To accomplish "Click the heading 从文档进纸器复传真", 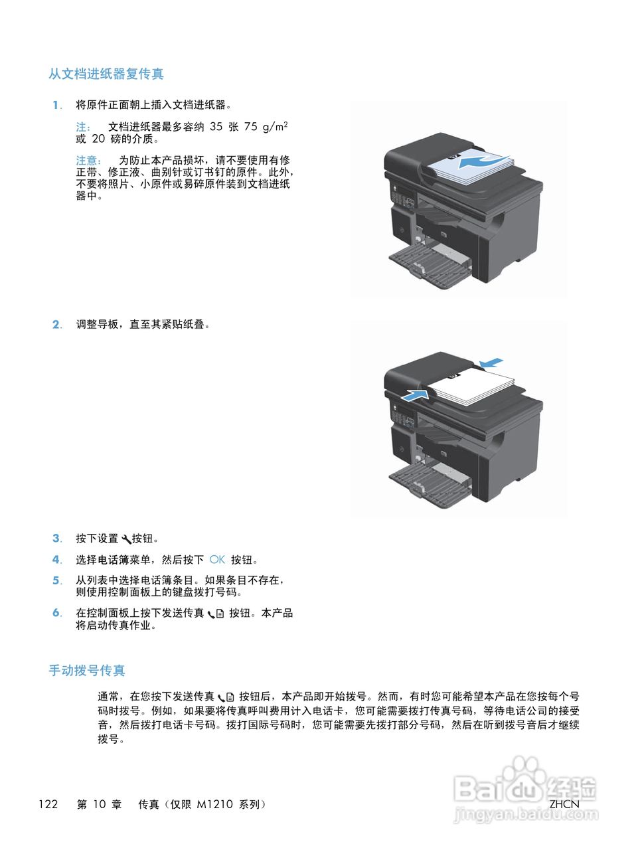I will click(x=106, y=74).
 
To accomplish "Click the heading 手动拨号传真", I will click(x=86, y=670).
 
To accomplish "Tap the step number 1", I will click(x=56, y=105).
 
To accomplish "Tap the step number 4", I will click(x=56, y=560).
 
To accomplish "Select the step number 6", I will click(x=56, y=613).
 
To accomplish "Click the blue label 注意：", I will click(x=88, y=160).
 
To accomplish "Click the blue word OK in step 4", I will click(x=217, y=560).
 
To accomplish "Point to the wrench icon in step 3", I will click(x=126, y=539).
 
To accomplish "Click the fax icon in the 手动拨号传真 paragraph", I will click(x=226, y=697).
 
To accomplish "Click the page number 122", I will click(x=48, y=804).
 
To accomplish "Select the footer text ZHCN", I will click(x=564, y=804).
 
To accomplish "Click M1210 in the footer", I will click(x=214, y=804).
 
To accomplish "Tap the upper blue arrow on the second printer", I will click(x=491, y=363).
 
